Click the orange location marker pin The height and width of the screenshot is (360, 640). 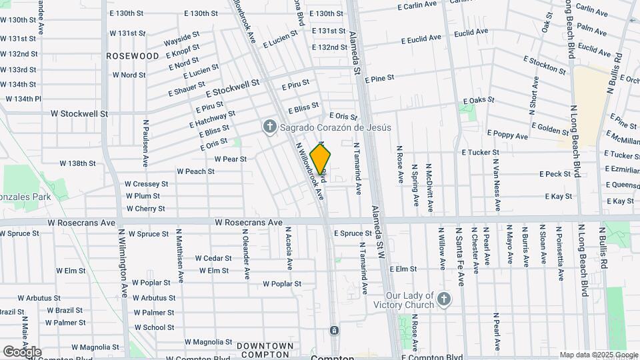pos(321,160)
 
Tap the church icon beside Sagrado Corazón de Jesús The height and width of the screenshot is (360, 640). pos(269,127)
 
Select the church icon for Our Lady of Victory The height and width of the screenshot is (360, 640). pos(460,299)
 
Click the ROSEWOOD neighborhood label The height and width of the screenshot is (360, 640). pos(133,57)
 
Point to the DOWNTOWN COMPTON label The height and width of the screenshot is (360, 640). pos(265,349)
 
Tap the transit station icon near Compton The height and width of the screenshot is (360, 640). pos(334,330)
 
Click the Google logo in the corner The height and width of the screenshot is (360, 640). pos(21,351)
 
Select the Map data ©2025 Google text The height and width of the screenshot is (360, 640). pos(599,355)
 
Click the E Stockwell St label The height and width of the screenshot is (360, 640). pos(232,88)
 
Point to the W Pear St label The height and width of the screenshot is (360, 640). pos(231,159)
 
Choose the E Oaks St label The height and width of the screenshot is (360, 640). pos(478,100)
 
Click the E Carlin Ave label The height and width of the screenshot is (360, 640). pos(417,5)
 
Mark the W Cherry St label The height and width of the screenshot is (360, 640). pos(145,209)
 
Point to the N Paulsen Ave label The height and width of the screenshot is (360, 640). pos(144,143)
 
